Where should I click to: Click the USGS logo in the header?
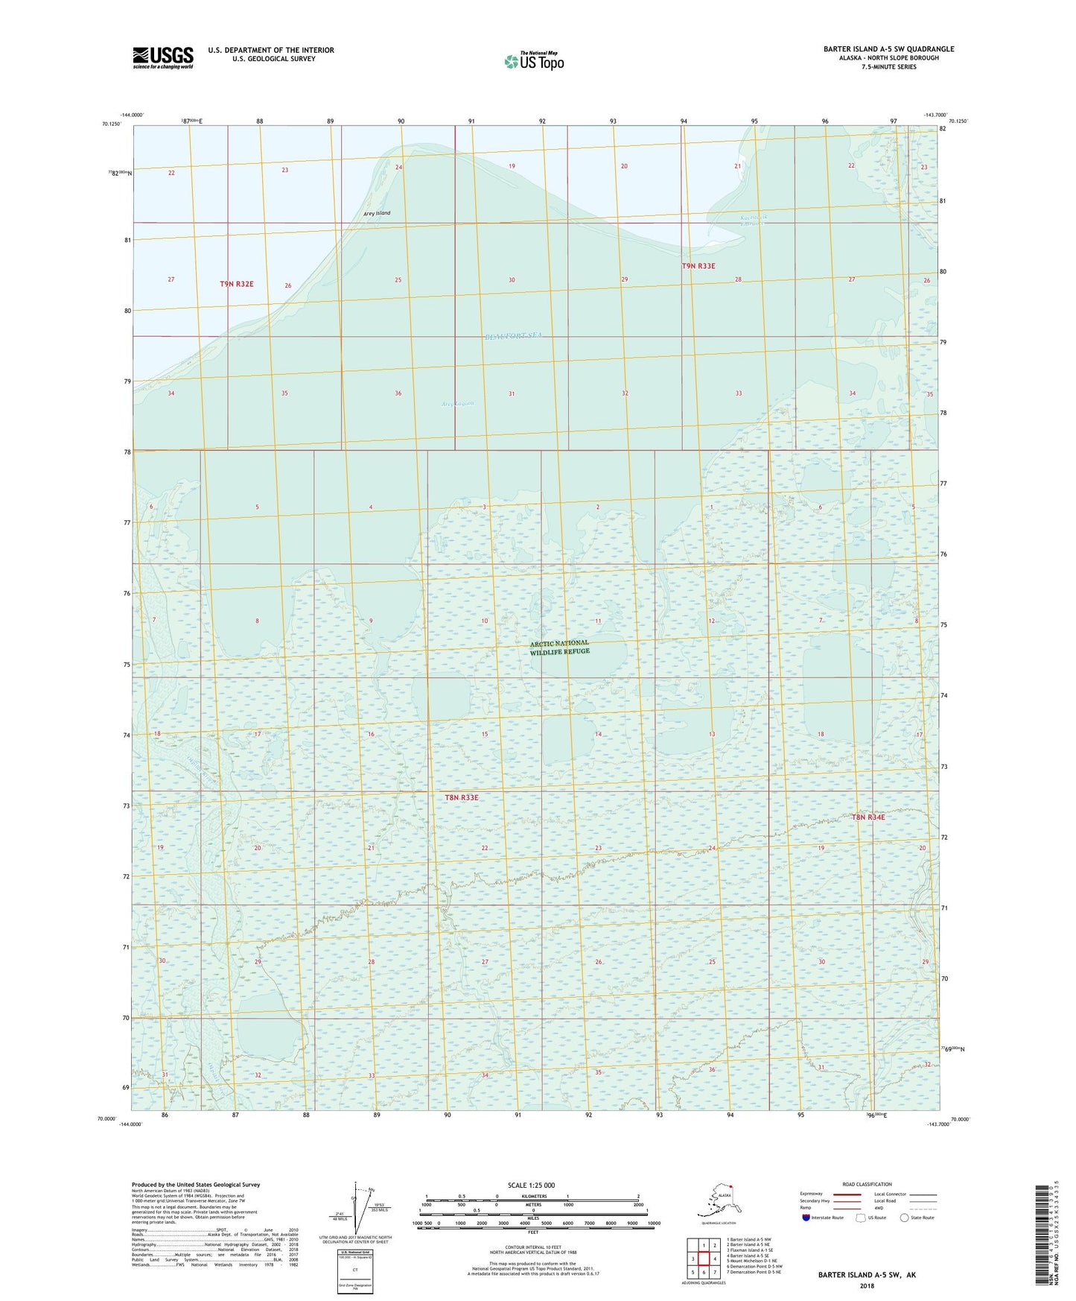163,57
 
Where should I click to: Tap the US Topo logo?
533,61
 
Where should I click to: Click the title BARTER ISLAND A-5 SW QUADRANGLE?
888,49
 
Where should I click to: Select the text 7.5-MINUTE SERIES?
888,67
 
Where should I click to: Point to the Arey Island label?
377,213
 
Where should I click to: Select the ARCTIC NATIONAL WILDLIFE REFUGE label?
559,647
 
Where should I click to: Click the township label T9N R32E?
237,284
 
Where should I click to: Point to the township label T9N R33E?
698,266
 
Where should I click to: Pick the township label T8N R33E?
462,797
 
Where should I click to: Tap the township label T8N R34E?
868,817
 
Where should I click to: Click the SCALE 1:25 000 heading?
532,1185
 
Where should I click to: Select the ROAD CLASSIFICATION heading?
867,1184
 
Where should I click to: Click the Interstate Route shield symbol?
806,1218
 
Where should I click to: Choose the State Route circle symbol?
904,1218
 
